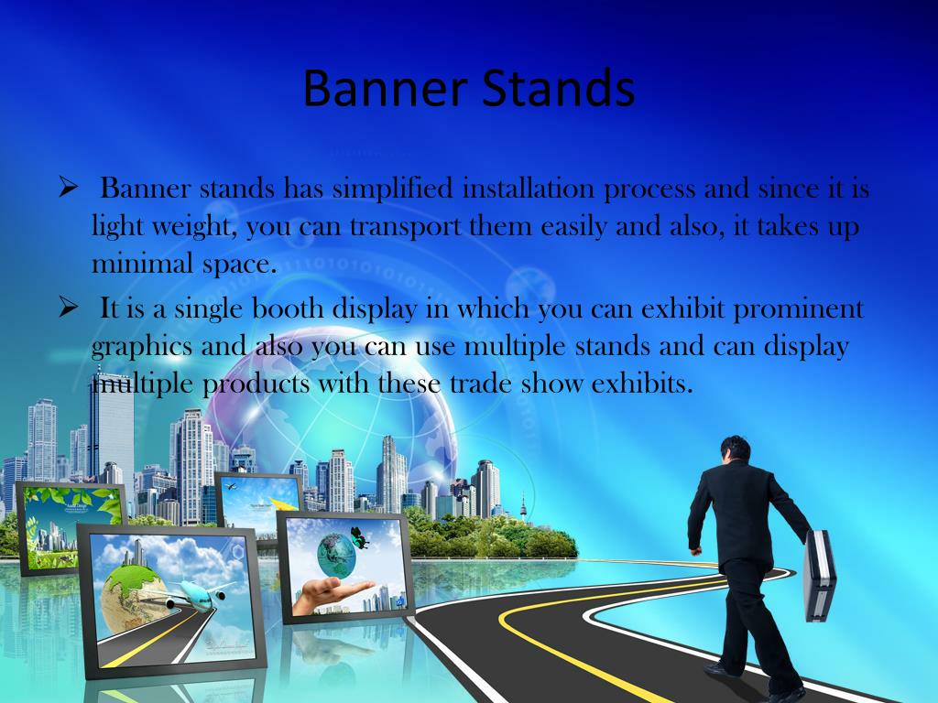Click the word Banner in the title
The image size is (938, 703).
pos(385,88)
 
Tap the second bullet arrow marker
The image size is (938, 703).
pos(69,308)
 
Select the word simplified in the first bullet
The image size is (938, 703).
pos(392,189)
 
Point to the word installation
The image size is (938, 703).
pos(529,189)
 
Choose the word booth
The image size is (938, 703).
pos(288,309)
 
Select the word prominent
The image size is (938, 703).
pos(798,309)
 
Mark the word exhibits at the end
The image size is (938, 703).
pos(642,384)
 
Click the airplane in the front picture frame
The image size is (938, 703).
pos(198,596)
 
